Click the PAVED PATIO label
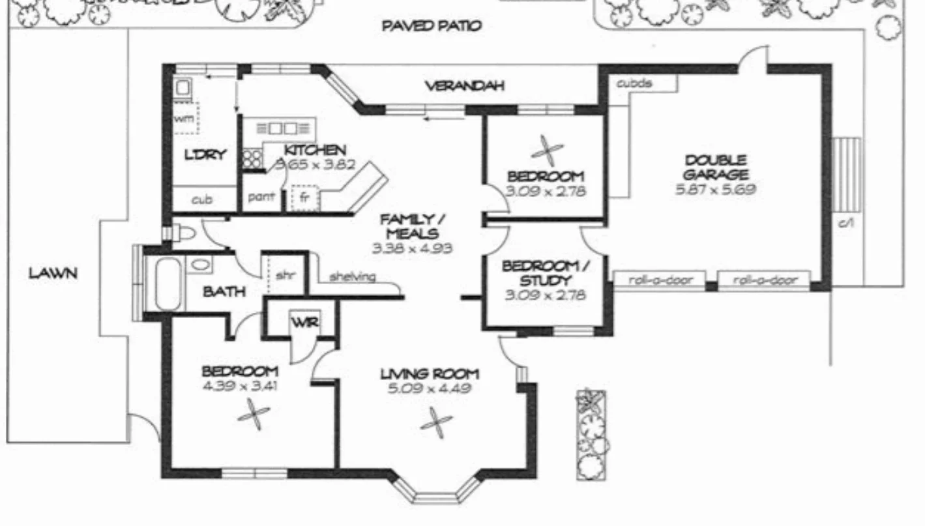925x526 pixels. coord(432,26)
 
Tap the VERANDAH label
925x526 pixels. coord(464,85)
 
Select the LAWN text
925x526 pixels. coord(53,273)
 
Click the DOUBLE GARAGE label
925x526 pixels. coord(715,168)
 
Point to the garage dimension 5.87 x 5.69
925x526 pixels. coord(715,190)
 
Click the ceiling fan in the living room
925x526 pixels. coord(435,422)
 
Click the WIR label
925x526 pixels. coord(303,321)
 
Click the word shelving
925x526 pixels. coord(352,277)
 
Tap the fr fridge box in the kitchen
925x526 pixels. coord(304,197)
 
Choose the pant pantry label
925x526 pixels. coord(261,196)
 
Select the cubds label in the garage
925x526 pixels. coord(634,83)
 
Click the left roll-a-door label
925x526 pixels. coord(660,280)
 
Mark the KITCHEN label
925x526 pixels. coord(314,151)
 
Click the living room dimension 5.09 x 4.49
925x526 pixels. coord(430,389)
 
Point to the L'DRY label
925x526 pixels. coord(204,155)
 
